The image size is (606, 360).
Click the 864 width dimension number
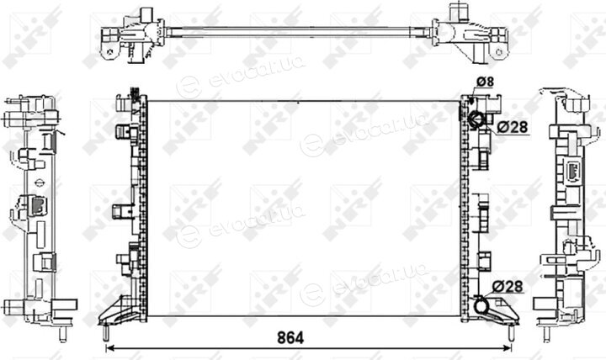point(290,337)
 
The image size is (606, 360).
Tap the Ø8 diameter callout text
point(485,82)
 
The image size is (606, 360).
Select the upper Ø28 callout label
point(512,127)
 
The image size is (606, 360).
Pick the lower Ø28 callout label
point(508,286)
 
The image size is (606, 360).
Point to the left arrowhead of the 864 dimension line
point(109,348)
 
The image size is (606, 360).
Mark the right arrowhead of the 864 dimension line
point(508,348)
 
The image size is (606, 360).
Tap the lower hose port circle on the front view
point(481,306)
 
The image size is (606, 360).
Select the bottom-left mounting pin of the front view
point(105,332)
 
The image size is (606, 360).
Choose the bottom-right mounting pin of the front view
point(511,332)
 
